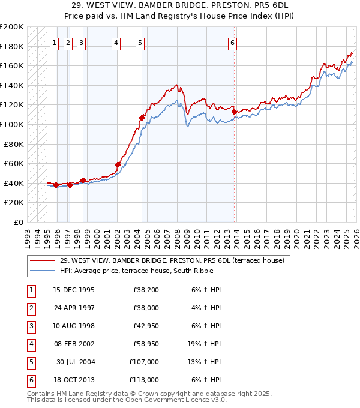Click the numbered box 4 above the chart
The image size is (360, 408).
click(115, 43)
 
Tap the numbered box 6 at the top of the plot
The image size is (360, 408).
click(232, 43)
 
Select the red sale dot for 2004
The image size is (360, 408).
click(142, 118)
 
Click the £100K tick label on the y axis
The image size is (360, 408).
click(12, 124)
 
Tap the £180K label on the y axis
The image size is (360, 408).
click(12, 46)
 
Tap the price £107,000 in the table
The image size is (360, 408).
click(144, 362)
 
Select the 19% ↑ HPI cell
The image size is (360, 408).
click(207, 344)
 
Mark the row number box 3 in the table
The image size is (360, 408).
click(30, 326)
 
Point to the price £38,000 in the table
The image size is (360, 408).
click(144, 308)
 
